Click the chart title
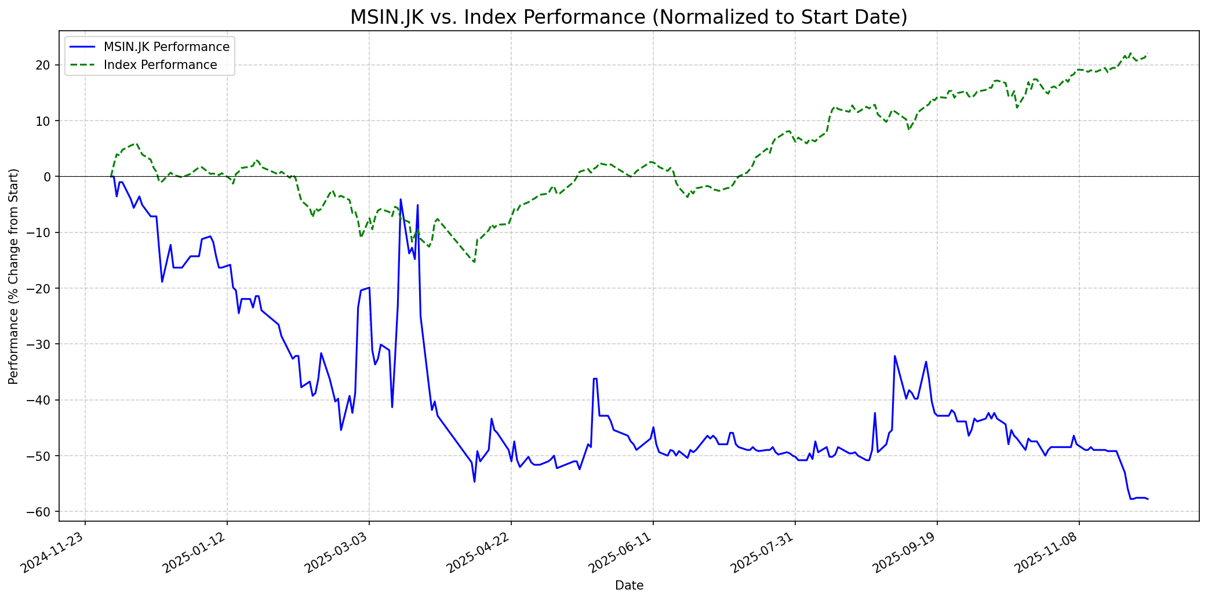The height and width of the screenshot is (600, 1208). [x=629, y=17]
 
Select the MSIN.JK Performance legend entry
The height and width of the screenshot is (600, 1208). [x=166, y=47]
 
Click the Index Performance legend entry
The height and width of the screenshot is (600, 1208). [x=160, y=65]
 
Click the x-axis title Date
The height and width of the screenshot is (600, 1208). [x=629, y=586]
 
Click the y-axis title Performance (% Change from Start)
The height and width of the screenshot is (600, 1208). [x=14, y=276]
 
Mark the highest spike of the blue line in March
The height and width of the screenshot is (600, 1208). [x=401, y=199]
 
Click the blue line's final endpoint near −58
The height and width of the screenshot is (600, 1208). [x=1147, y=499]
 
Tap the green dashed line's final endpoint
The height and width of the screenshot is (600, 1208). [x=1147, y=54]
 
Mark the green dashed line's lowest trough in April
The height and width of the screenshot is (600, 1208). [x=474, y=262]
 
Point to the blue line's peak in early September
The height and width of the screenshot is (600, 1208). [x=894, y=356]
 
